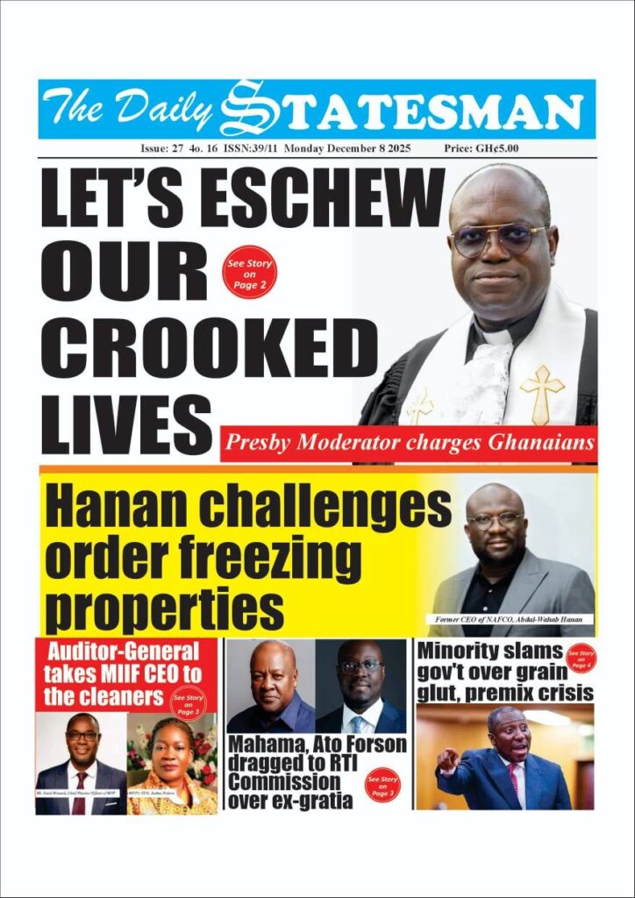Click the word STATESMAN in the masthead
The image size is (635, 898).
coord(412,111)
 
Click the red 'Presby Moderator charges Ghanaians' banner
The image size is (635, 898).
coord(408,444)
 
